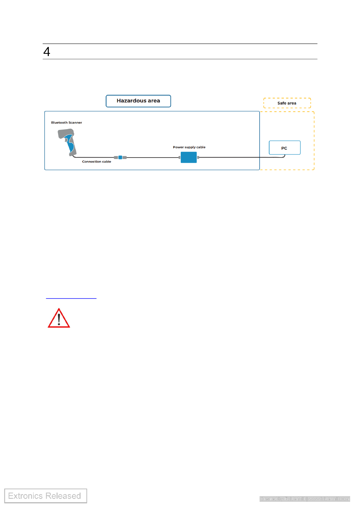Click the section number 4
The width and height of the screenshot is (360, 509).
coord(47,52)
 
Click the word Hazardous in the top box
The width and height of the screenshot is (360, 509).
coord(131,101)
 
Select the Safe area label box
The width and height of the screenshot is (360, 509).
coord(287,103)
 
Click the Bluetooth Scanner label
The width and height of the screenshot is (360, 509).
coord(66,123)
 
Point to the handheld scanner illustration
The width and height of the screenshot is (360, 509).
coord(68,142)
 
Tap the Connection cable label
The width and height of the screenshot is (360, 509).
coord(97,162)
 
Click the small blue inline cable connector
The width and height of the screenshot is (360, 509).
coord(120,157)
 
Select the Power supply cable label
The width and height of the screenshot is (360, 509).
coord(189,147)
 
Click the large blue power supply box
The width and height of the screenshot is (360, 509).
coord(189,157)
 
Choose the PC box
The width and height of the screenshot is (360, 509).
coord(284,148)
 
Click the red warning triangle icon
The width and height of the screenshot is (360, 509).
coord(59,319)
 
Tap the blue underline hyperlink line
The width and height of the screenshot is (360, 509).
coord(71,298)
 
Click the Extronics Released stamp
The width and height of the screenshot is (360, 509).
coord(45,496)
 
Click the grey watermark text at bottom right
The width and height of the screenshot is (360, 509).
coord(305,499)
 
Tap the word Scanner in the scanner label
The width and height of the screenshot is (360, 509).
coord(75,123)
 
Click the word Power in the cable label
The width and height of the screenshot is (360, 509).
coord(178,147)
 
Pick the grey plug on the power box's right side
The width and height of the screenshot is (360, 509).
coord(198,157)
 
